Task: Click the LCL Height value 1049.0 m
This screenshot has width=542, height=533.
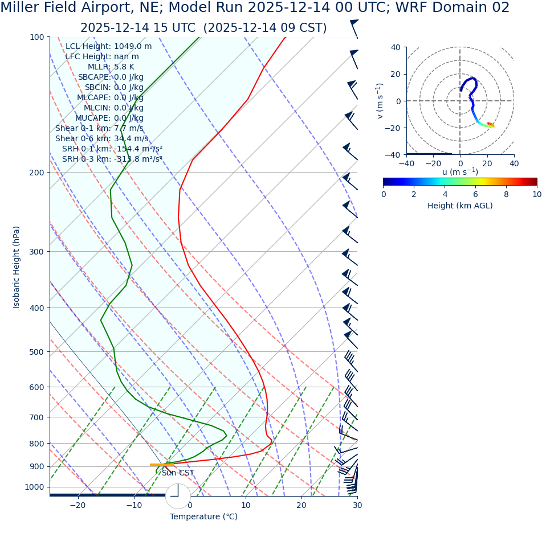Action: (133, 46)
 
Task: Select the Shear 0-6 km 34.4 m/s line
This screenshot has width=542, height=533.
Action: (101, 138)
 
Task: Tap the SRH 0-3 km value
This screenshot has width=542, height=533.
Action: (138, 159)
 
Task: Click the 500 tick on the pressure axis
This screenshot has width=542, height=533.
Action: (36, 352)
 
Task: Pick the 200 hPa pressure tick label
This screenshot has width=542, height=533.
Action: (36, 173)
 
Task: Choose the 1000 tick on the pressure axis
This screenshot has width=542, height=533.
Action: (34, 487)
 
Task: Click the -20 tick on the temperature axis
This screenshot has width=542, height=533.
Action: (78, 505)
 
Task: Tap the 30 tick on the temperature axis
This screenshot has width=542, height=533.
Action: (357, 505)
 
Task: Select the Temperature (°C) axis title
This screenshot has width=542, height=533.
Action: (203, 516)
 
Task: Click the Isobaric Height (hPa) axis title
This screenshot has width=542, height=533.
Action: (17, 267)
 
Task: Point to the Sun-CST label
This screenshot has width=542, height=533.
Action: (178, 473)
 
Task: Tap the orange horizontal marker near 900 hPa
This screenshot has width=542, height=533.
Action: (162, 465)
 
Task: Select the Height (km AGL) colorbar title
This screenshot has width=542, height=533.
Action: (460, 206)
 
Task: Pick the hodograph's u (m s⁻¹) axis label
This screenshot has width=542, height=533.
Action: (460, 172)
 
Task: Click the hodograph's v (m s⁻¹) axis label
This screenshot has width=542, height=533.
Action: (380, 101)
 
